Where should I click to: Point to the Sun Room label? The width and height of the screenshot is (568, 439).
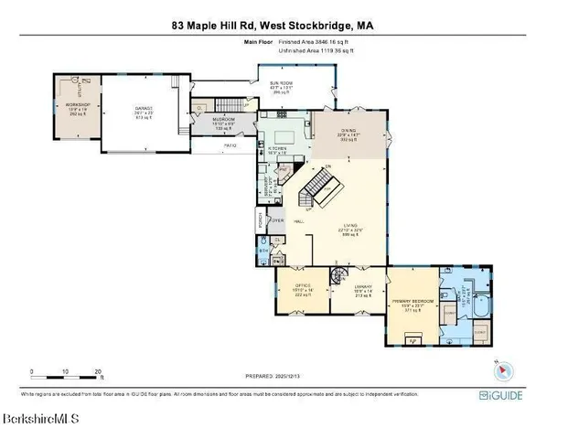[280, 83]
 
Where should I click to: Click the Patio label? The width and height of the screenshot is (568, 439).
[231, 145]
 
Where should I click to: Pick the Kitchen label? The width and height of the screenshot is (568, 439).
[277, 148]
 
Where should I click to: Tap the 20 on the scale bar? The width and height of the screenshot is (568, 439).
[98, 371]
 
